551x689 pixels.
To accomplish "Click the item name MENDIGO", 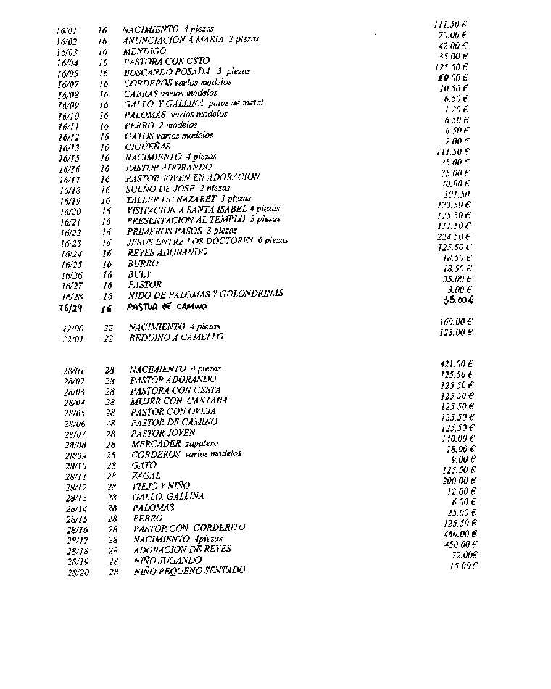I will [144, 51].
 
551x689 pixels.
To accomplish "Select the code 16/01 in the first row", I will [67, 31].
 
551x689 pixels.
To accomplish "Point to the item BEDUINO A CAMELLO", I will [175, 337].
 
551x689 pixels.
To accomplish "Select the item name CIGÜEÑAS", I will [146, 146].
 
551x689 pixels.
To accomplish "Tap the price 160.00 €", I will [455, 321].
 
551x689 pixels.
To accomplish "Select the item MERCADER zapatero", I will [174, 444].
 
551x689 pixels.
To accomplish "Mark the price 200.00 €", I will [459, 480].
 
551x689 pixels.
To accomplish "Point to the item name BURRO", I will [143, 264].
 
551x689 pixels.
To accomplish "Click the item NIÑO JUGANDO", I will [168, 561].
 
